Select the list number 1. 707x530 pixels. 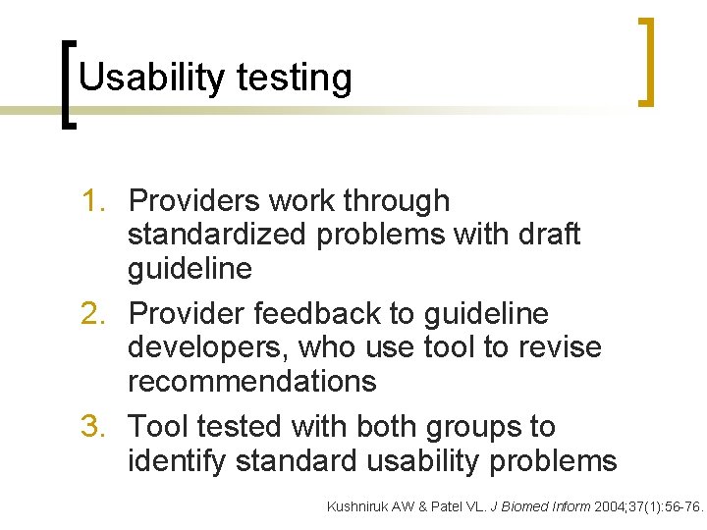(x=96, y=201)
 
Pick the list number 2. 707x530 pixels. (x=96, y=314)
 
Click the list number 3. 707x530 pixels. (x=96, y=427)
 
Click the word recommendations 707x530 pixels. (x=252, y=382)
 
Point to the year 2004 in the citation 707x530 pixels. (x=611, y=506)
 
